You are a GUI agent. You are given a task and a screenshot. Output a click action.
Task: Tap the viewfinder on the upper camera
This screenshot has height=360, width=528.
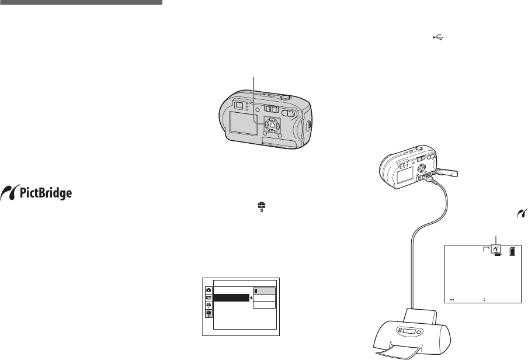click(x=238, y=105)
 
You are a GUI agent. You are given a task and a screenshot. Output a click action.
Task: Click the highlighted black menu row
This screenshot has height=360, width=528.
click(x=230, y=298)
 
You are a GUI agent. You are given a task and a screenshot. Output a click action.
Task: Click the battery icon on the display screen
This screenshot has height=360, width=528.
click(x=512, y=252)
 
